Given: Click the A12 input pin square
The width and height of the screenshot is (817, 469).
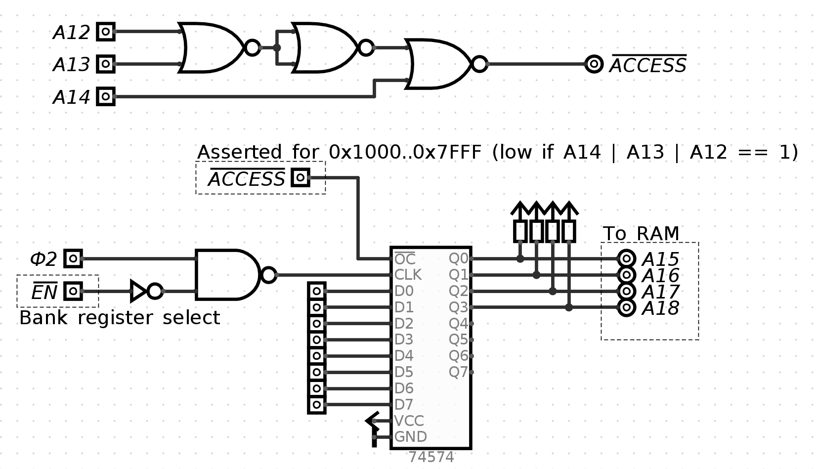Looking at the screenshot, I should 105,32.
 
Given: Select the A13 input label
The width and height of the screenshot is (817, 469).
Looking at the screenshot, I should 72,65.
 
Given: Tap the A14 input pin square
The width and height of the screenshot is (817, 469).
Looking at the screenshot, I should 105,96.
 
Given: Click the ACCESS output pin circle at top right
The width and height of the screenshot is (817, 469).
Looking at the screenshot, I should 594,64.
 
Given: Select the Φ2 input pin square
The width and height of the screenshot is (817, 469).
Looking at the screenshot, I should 73,258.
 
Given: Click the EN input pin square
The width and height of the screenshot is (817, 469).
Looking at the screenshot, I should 73,291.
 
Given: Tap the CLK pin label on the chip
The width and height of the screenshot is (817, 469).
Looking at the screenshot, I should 408,275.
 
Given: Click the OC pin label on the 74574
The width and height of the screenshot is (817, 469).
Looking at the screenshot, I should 405,259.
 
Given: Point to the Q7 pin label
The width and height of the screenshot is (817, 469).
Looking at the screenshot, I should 458,372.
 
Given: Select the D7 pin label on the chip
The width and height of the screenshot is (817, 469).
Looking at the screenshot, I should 403,405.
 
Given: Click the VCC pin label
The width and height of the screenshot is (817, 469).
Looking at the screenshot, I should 409,421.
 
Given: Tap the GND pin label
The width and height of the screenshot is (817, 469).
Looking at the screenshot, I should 410,437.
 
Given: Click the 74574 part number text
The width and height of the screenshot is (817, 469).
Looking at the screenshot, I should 431,457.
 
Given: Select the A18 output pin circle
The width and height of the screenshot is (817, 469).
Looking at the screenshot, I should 626,308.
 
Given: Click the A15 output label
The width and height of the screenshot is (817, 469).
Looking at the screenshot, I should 660,259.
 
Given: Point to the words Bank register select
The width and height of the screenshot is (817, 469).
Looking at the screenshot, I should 119,318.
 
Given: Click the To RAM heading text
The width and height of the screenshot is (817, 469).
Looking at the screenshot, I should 641,234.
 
